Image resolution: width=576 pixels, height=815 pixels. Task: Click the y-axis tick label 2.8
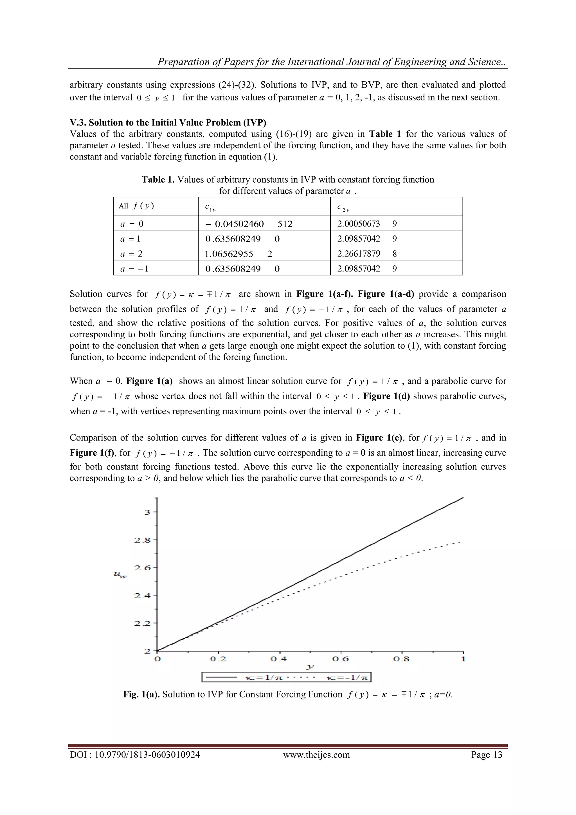142,540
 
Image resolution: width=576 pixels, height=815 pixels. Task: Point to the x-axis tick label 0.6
341,659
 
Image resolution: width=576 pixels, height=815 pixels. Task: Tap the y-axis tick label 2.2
142,623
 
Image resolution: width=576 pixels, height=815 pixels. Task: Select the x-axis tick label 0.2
218,659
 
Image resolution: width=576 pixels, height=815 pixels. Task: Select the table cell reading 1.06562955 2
238,254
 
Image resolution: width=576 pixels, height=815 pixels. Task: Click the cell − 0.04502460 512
248,224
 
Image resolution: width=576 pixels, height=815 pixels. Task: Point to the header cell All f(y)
136,206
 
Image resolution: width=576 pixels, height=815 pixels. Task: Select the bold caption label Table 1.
158,179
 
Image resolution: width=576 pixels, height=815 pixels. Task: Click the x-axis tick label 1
463,659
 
